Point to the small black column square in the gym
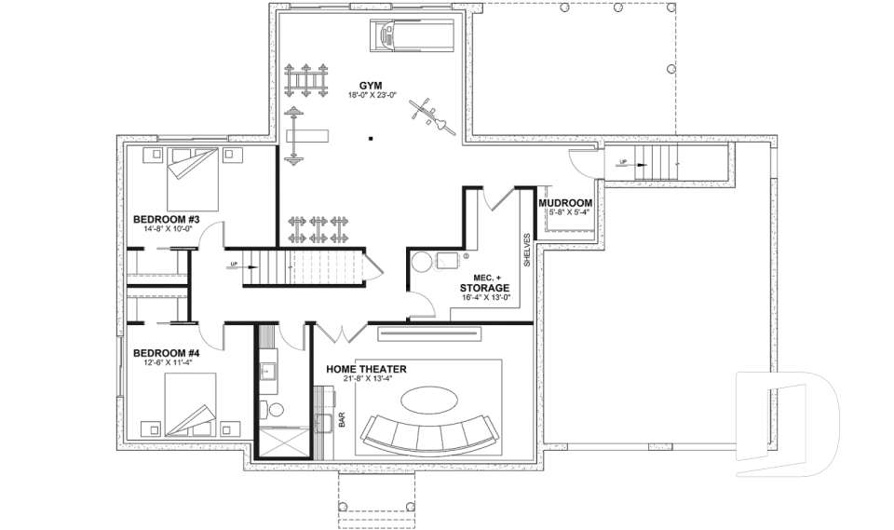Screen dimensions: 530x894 click(370, 139)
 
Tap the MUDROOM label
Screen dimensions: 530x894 click(566, 202)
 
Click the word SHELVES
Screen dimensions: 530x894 click(526, 250)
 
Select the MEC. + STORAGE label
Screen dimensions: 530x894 click(484, 284)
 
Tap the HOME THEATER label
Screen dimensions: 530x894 click(366, 370)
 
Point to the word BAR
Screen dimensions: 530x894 click(342, 421)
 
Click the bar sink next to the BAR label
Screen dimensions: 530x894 click(325, 424)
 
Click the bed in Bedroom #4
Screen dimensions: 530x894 click(192, 402)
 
